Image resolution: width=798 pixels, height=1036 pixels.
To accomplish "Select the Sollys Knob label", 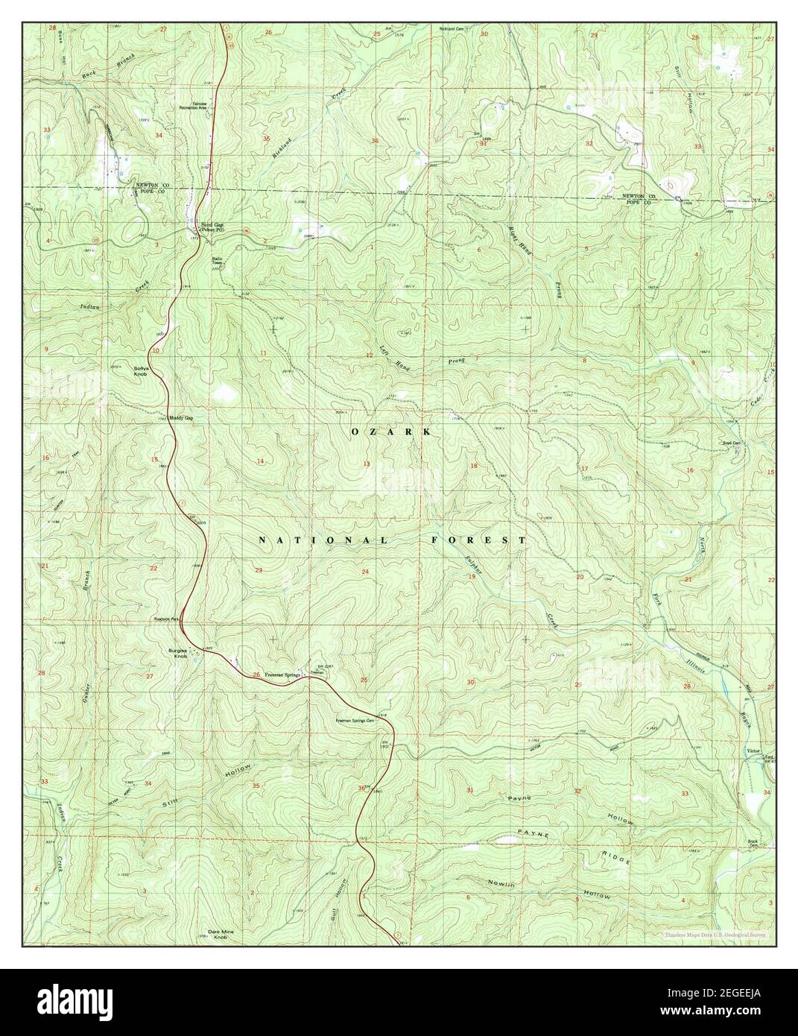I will pyautogui.click(x=142, y=370).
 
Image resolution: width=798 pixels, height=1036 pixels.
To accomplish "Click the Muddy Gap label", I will pyautogui.click(x=181, y=418).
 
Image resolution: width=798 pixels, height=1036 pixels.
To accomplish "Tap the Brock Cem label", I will pyautogui.click(x=757, y=843).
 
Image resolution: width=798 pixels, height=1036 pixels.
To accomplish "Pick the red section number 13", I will pyautogui.click(x=366, y=464).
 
